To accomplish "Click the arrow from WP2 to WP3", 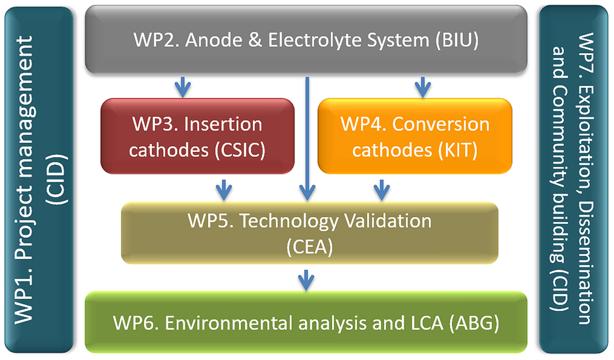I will (182, 87).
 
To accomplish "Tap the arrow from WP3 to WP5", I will (224, 189).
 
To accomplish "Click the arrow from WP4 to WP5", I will (381, 189).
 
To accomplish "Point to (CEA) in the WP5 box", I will (310, 246).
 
